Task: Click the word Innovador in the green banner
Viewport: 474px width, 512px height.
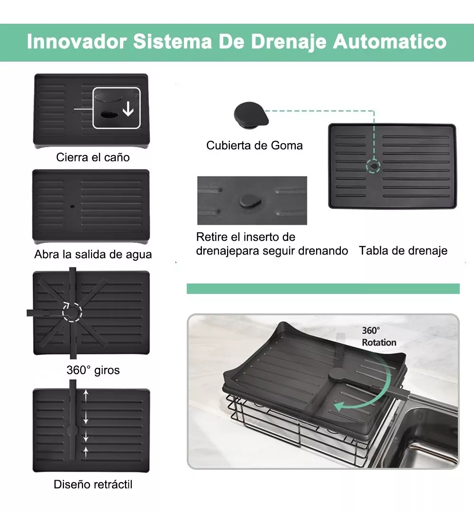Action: pos(77,42)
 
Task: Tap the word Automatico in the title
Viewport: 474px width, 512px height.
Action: pos(390,42)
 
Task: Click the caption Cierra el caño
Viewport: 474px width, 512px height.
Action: pos(93,157)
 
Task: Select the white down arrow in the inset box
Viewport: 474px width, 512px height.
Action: pos(128,109)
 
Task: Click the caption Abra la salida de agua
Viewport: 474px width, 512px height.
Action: pos(93,255)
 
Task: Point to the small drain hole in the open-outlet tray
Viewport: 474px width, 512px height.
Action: pos(72,206)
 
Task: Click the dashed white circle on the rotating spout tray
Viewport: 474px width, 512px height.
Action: pos(72,312)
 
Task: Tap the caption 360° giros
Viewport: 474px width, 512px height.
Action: pos(93,370)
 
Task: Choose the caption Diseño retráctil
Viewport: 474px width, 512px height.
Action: pos(93,484)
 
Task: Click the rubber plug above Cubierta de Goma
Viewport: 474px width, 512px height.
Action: pos(251,115)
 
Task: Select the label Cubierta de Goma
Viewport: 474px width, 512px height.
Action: pos(255,146)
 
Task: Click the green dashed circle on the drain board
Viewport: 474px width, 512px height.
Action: pos(374,166)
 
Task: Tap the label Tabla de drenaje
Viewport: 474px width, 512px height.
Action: pos(403,251)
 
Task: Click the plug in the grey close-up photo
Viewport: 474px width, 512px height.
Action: pos(250,201)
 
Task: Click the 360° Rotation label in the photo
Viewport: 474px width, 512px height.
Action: pos(379,336)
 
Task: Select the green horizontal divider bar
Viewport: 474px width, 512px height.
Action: pos(323,289)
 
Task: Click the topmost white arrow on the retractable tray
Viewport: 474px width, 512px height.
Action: pos(85,396)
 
